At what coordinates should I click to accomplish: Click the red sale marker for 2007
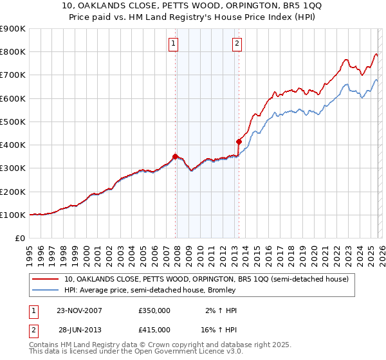point(176,156)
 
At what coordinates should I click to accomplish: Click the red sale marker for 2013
point(239,141)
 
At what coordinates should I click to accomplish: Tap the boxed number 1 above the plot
point(174,44)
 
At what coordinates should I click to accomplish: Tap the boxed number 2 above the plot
point(237,44)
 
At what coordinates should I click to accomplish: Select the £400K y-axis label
point(13,145)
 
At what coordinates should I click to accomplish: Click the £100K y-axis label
point(13,215)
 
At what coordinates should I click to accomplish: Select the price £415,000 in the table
point(154,329)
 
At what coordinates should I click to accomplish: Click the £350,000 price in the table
point(154,310)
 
